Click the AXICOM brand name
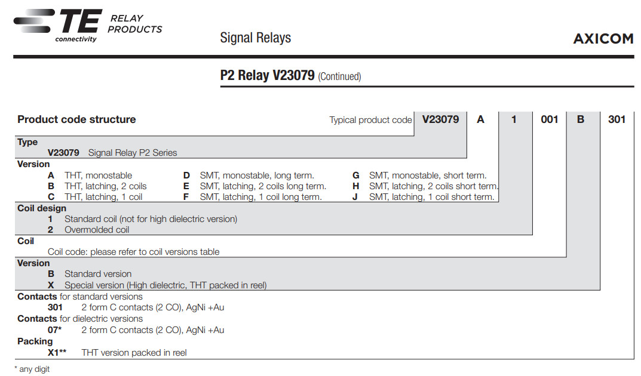tap(603, 39)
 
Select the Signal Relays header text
tap(255, 38)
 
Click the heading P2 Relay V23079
tap(267, 76)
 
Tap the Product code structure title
tap(76, 119)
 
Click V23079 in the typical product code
tap(440, 119)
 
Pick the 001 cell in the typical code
tap(549, 119)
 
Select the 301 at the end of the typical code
tap(617, 119)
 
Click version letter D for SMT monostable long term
tap(186, 175)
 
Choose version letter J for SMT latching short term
tap(355, 197)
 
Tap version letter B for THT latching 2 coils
tap(51, 186)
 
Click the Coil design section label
tap(42, 208)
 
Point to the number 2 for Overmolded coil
tap(51, 230)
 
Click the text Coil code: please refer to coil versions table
tap(133, 252)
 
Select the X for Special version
tap(51, 285)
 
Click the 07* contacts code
tap(54, 330)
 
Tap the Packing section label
tap(35, 341)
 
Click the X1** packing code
tap(57, 353)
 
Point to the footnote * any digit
tap(32, 369)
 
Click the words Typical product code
tap(370, 120)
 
